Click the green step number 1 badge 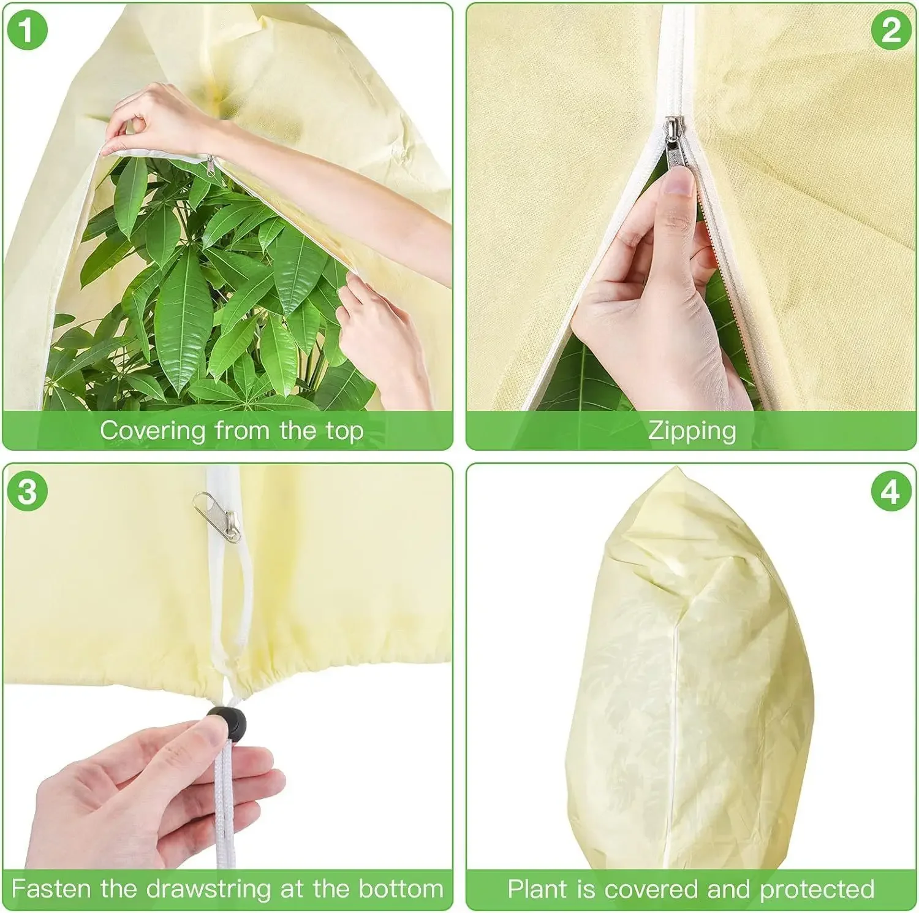tap(27, 30)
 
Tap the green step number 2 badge tap(891, 30)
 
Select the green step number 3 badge tap(27, 491)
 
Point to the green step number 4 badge tap(891, 491)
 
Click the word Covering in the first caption tap(153, 430)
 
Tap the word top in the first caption tap(345, 432)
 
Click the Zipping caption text tap(692, 430)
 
